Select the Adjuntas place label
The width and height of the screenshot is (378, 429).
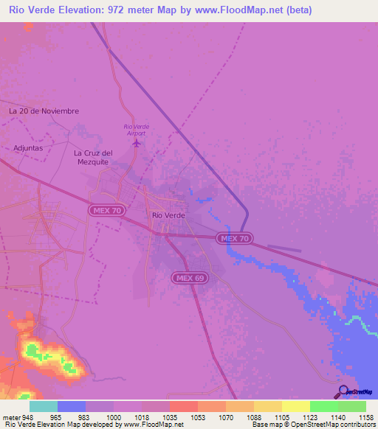pyautogui.click(x=28, y=147)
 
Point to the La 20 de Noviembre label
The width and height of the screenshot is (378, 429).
pyautogui.click(x=44, y=111)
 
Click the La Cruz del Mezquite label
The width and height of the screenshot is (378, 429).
pyautogui.click(x=92, y=157)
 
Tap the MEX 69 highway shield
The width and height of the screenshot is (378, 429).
pyautogui.click(x=189, y=278)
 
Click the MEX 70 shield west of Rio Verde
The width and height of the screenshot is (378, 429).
pyautogui.click(x=108, y=211)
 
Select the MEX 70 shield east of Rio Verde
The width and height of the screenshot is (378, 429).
pyautogui.click(x=236, y=239)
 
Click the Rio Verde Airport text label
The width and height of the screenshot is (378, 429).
pyautogui.click(x=136, y=129)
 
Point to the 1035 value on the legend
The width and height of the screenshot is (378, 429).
pyautogui.click(x=169, y=416)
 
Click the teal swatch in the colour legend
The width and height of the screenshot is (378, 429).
pyautogui.click(x=44, y=406)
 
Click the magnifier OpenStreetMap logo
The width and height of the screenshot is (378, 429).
pyautogui.click(x=342, y=393)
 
